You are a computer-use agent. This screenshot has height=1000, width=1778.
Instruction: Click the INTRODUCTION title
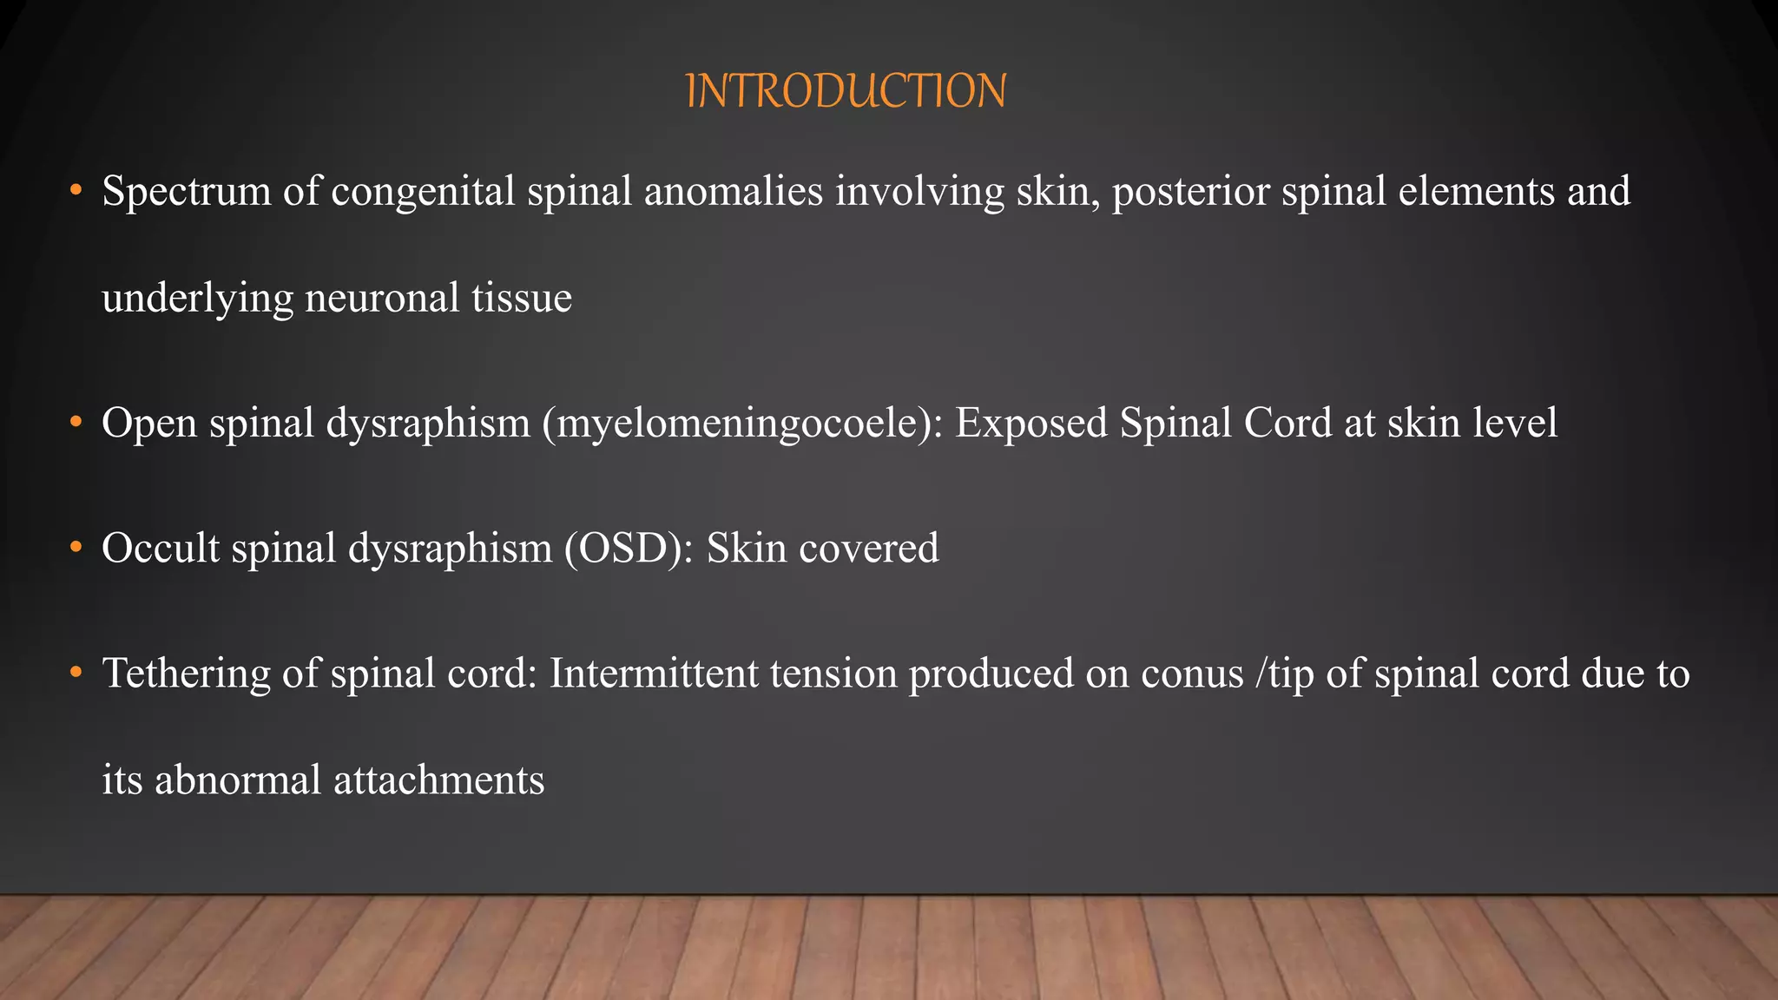click(x=846, y=91)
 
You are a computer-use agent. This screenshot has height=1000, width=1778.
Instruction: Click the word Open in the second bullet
click(x=148, y=424)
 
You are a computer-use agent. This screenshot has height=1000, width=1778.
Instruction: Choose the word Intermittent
click(x=654, y=674)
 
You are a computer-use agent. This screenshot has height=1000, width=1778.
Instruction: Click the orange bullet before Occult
click(x=76, y=548)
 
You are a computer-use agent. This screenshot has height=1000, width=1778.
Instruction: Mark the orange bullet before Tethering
click(x=76, y=673)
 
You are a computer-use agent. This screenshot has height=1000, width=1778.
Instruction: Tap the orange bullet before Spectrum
click(x=76, y=190)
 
